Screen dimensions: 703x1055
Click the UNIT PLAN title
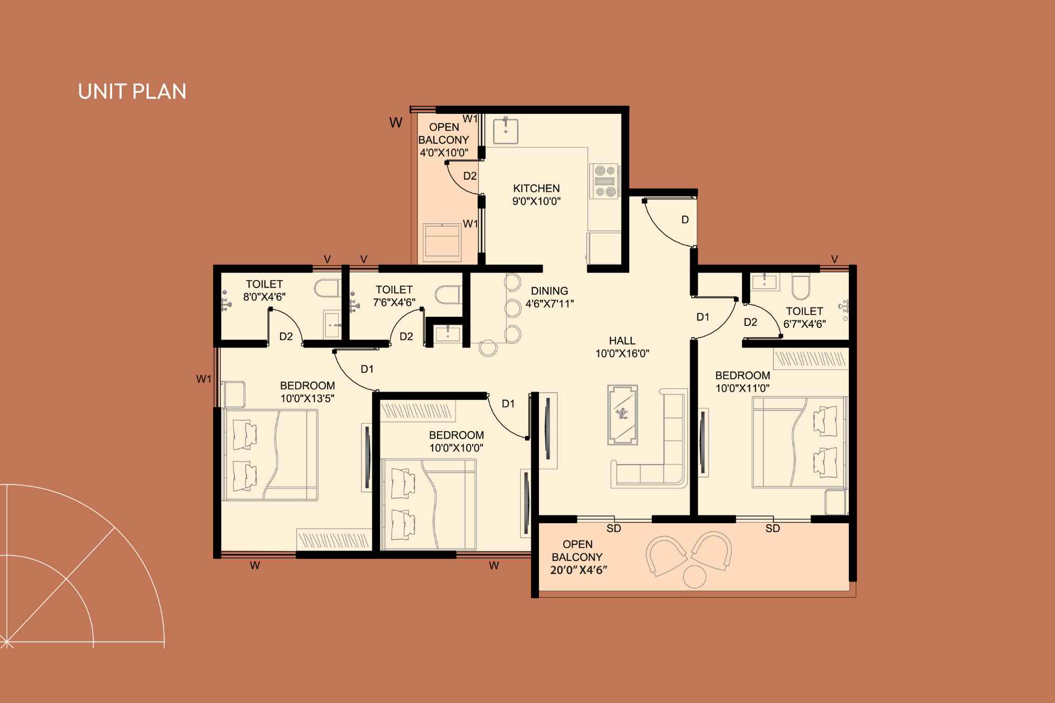point(132,92)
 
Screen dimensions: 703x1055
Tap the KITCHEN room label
point(536,188)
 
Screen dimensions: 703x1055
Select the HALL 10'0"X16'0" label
point(622,347)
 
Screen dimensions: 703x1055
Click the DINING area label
point(549,291)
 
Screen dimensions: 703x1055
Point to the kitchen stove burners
point(604,181)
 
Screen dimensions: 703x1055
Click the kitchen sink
point(506,130)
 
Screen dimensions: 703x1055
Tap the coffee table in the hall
point(622,414)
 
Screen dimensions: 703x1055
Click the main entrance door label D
point(685,220)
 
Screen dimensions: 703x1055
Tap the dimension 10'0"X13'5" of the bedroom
point(308,399)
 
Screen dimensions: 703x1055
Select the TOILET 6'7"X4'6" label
point(804,317)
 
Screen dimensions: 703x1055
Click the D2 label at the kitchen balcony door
point(470,176)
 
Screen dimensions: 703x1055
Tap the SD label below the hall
point(614,529)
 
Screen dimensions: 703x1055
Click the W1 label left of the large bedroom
point(204,379)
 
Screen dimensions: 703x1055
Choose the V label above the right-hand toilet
point(834,260)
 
